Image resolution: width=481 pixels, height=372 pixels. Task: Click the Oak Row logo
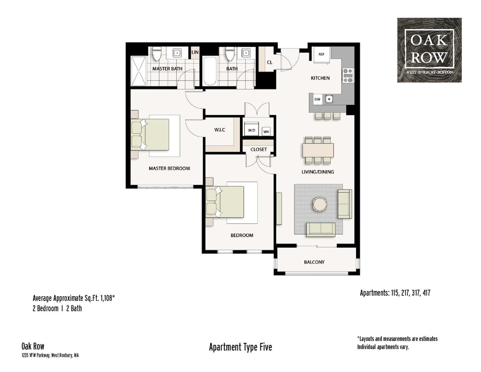429,50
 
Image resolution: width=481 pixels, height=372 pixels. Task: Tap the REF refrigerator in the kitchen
322,54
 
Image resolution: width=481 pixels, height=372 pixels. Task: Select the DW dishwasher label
317,100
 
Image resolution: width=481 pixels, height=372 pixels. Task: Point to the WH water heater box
266,131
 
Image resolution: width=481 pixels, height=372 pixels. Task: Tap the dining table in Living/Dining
318,150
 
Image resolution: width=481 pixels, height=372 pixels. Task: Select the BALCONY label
314,262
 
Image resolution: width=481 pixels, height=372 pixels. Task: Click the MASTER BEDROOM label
169,168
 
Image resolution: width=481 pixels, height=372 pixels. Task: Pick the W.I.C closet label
220,130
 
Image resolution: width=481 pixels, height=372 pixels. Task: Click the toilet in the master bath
156,55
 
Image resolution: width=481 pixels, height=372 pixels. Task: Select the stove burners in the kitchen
348,75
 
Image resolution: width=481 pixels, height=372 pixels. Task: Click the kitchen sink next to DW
329,100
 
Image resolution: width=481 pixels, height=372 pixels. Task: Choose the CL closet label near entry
270,63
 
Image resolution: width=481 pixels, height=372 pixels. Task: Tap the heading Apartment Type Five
240,347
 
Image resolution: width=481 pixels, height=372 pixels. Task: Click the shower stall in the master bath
138,71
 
